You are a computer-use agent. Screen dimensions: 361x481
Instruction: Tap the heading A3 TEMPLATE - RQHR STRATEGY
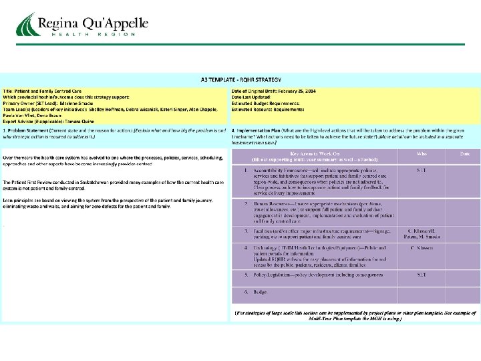click(x=240, y=79)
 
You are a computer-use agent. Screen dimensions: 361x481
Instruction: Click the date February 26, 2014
click(x=299, y=90)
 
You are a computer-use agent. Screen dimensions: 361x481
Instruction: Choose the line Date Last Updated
click(x=254, y=96)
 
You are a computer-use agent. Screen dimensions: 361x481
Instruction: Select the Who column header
click(x=422, y=153)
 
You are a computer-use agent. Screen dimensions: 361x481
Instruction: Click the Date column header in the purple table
click(x=464, y=153)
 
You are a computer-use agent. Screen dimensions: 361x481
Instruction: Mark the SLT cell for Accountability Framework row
click(x=422, y=170)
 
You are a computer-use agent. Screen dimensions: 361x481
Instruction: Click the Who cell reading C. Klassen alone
click(x=422, y=247)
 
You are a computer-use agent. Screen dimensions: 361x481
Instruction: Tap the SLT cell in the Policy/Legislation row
click(x=422, y=274)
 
